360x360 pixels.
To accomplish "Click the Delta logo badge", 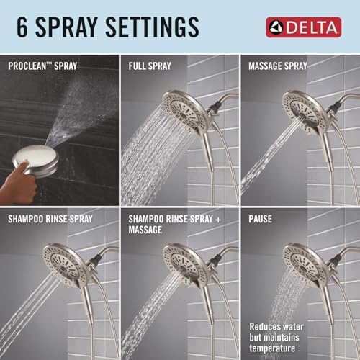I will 305,28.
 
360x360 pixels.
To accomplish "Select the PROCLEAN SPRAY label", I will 44,66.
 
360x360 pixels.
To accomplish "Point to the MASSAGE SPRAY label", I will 277,66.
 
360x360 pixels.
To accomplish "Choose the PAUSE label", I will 261,217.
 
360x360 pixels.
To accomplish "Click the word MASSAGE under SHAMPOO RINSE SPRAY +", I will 146,230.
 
